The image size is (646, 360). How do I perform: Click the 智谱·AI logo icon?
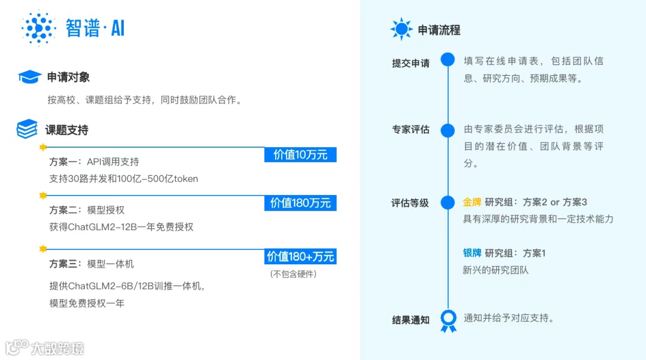click(x=38, y=28)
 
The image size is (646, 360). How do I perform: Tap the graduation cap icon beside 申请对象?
click(x=29, y=77)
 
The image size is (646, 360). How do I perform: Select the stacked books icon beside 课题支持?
click(x=27, y=129)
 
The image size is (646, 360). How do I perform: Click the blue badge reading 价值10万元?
click(x=300, y=154)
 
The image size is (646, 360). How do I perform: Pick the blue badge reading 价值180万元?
click(x=300, y=203)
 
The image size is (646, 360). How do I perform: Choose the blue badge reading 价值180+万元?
click(x=300, y=257)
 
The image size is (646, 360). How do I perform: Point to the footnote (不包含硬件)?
click(x=293, y=274)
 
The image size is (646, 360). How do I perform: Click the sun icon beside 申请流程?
click(x=401, y=29)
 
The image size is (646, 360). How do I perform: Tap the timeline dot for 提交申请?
click(x=447, y=59)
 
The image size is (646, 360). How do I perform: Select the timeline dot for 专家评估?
click(x=447, y=130)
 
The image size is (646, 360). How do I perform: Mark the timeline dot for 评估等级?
click(x=447, y=203)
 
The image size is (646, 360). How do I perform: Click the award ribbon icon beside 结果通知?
click(x=448, y=320)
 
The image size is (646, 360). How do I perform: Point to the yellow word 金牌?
click(x=472, y=202)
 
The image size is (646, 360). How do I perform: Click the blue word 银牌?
click(x=472, y=253)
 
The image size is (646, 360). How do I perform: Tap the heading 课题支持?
click(x=67, y=130)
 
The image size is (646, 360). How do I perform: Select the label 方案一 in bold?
click(x=65, y=162)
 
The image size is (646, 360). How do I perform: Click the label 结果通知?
click(x=410, y=320)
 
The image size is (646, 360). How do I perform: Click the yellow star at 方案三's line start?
click(x=42, y=249)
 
